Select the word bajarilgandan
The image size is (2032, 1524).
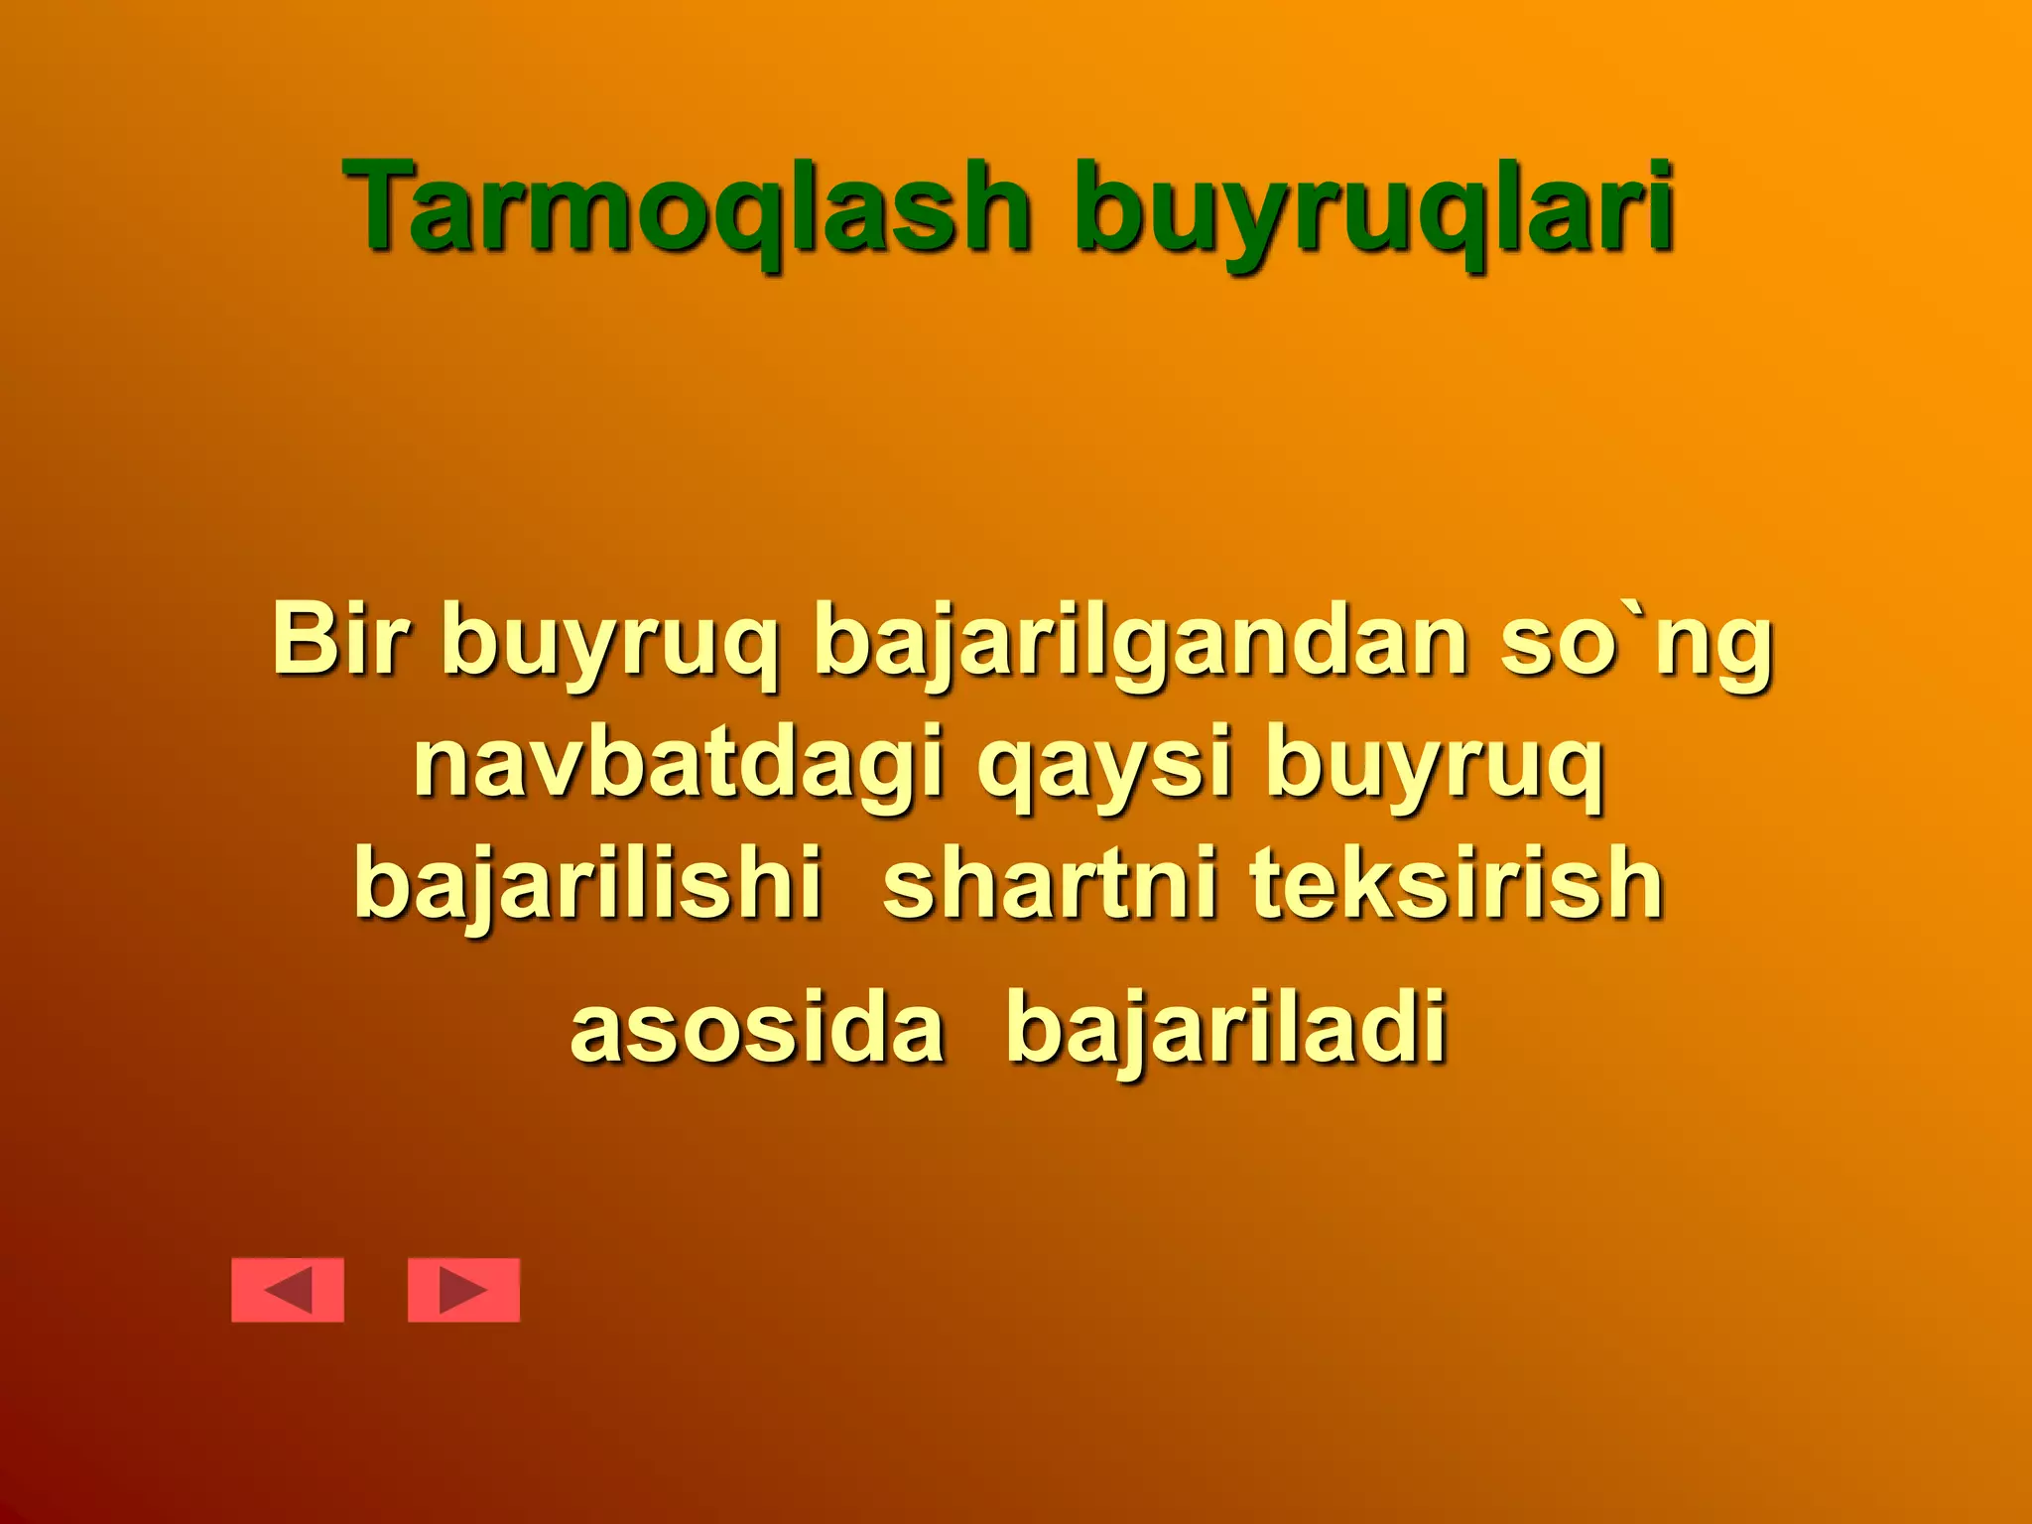coord(1140,645)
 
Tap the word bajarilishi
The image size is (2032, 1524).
coord(588,884)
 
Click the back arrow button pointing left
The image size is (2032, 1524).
coord(288,1290)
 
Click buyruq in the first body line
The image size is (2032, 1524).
coord(610,645)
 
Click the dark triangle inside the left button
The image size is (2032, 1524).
coord(291,1290)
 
